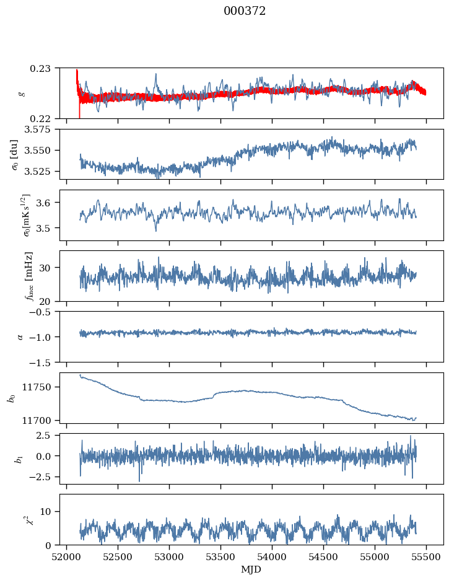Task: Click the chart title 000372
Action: (x=245, y=11)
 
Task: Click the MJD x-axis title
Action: (x=251, y=569)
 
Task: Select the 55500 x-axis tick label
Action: (x=426, y=556)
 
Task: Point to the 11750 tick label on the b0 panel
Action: (x=43, y=387)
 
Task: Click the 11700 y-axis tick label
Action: (x=43, y=420)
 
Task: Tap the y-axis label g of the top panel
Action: (x=22, y=93)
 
